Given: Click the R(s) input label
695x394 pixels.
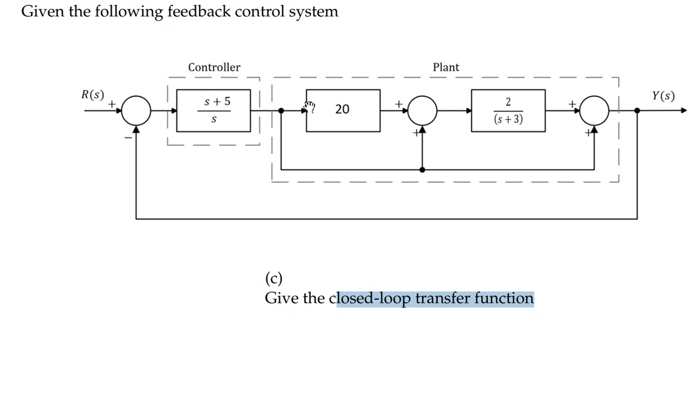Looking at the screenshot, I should click(93, 95).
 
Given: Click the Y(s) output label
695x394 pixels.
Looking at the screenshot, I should click(663, 96).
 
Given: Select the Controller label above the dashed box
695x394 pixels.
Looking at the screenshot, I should click(214, 67).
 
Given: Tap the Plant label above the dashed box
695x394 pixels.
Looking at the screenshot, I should click(445, 67).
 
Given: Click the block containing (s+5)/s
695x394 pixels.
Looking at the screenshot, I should click(213, 110).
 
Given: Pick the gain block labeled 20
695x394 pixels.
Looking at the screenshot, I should click(343, 110).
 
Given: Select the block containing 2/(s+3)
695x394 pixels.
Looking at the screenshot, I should click(508, 110).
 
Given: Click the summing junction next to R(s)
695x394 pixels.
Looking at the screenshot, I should click(136, 110).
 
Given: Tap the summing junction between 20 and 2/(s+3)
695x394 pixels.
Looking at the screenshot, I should click(422, 110).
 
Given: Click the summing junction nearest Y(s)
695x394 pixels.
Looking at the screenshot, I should click(594, 110).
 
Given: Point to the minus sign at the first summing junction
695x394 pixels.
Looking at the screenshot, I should click(128, 138).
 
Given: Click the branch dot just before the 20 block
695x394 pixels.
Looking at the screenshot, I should click(281, 110).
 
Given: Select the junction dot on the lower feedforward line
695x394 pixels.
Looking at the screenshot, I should click(422, 169).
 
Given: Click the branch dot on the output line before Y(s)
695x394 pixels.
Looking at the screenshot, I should click(637, 110).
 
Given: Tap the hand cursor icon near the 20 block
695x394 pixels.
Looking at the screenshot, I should click(309, 106).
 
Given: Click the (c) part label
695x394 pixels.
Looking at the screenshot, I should click(273, 278).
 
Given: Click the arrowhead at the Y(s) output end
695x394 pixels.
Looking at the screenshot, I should click(684, 110).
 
